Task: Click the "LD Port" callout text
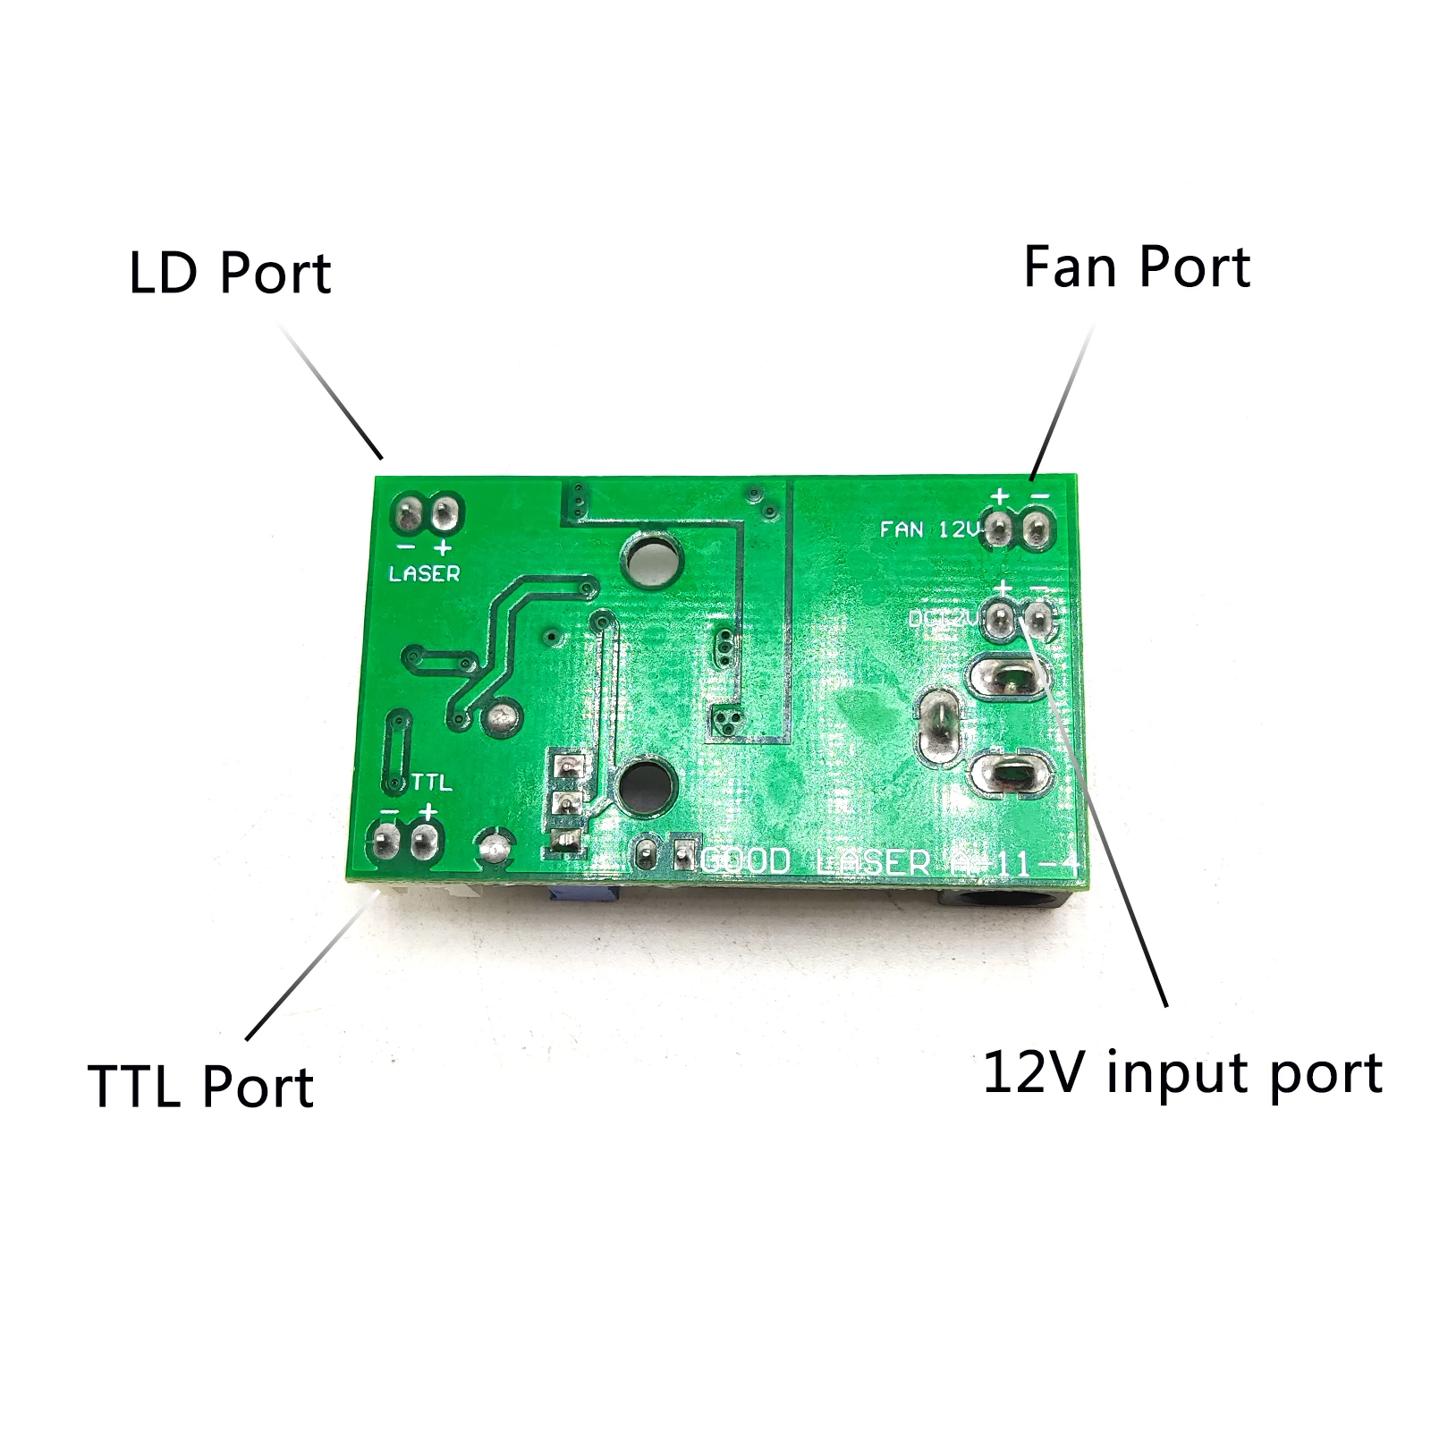click(230, 273)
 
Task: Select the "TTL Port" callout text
click(200, 1087)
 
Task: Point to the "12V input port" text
click(1182, 1073)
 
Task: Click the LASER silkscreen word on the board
click(424, 573)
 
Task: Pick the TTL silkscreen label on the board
click(431, 783)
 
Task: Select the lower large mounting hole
click(645, 788)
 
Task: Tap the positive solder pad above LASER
click(445, 514)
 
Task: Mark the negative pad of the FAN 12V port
click(1037, 529)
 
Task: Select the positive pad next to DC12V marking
click(1000, 617)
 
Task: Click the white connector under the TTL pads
click(420, 891)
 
